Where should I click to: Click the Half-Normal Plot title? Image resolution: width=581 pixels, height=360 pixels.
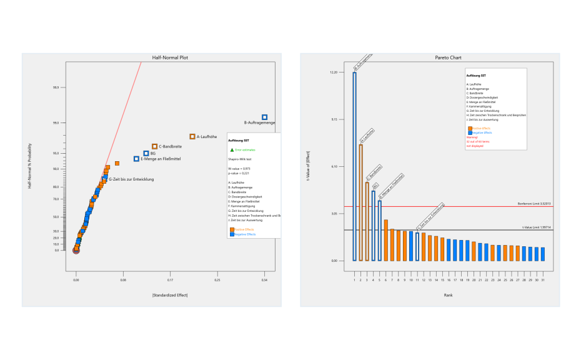pyautogui.click(x=170, y=57)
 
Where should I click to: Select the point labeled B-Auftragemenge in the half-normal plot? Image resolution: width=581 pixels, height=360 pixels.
pyautogui.click(x=264, y=117)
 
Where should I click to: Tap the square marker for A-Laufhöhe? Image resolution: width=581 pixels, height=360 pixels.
pyautogui.click(x=192, y=136)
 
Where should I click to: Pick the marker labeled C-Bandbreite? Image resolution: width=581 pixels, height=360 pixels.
pyautogui.click(x=154, y=146)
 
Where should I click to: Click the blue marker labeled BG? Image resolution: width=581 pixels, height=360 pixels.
pyautogui.click(x=146, y=153)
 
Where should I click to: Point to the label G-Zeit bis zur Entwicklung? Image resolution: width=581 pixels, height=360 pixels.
pyautogui.click(x=131, y=179)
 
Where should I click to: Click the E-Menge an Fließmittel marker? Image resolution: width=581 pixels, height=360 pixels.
pyautogui.click(x=136, y=159)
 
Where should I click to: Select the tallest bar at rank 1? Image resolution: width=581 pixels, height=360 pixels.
pyautogui.click(x=354, y=166)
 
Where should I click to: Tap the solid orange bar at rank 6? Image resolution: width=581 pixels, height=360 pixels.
pyautogui.click(x=386, y=240)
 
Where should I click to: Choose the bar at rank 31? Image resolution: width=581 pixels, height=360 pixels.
pyautogui.click(x=544, y=254)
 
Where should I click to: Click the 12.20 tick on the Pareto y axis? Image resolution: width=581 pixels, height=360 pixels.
pyautogui.click(x=333, y=72)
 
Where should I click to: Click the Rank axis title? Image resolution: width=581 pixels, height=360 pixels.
pyautogui.click(x=448, y=294)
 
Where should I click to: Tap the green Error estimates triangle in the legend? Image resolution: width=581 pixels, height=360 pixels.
pyautogui.click(x=232, y=151)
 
